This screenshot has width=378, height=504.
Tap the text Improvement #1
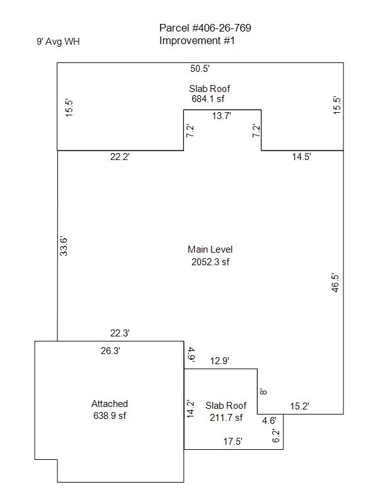(x=197, y=41)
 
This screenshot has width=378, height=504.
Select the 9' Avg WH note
(x=58, y=42)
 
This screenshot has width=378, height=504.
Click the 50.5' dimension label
(x=200, y=69)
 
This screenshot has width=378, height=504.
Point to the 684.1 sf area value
(x=208, y=99)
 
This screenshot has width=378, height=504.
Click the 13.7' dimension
(x=222, y=116)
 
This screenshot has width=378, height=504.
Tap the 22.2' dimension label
(x=120, y=156)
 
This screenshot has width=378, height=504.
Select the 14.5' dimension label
(x=302, y=156)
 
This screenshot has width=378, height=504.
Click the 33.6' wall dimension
(x=64, y=246)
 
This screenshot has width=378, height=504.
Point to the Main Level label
(x=210, y=249)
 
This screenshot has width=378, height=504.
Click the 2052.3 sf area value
(x=210, y=262)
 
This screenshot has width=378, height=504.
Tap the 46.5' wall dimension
(x=335, y=283)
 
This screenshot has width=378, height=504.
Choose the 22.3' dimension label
(x=120, y=333)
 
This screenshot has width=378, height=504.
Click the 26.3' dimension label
(x=111, y=351)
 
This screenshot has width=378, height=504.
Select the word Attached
(x=110, y=404)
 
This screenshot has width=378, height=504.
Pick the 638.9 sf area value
(x=110, y=416)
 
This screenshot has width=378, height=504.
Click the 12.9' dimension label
(x=220, y=360)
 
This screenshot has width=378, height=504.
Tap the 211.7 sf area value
(x=226, y=418)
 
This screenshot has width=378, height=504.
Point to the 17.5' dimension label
(x=233, y=442)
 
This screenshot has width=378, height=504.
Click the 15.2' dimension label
(x=300, y=406)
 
